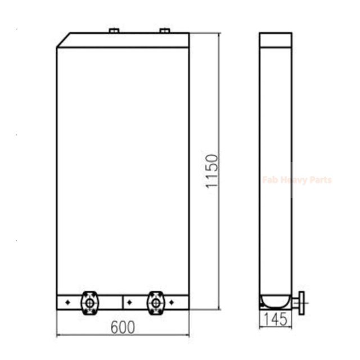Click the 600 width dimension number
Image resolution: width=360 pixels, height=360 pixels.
click(x=122, y=328)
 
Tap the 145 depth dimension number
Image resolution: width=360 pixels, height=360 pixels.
click(x=276, y=320)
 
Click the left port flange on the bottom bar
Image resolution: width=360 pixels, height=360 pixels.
click(x=89, y=301)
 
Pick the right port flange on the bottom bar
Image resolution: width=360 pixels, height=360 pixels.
click(x=155, y=301)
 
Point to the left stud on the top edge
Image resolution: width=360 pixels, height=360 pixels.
click(x=113, y=30)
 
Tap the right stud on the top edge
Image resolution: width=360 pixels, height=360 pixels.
click(x=165, y=30)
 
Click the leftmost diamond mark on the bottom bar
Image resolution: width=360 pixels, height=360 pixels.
click(x=67, y=302)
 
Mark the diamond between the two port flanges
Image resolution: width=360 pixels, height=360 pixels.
click(x=129, y=302)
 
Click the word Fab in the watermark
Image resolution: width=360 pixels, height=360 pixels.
click(x=270, y=180)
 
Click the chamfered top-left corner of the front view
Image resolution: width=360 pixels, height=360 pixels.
click(x=63, y=40)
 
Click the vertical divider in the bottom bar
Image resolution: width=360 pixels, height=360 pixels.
click(x=122, y=302)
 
